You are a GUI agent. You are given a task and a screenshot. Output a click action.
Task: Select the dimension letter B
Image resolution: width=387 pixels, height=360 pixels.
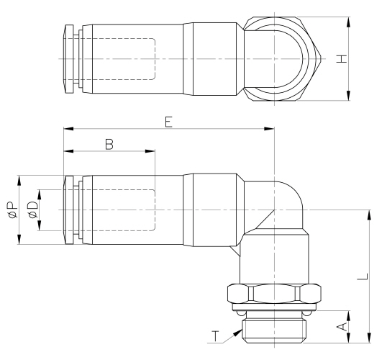click(x=109, y=143)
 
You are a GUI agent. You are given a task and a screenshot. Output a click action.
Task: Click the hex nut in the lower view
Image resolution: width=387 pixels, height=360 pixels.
click(x=274, y=295)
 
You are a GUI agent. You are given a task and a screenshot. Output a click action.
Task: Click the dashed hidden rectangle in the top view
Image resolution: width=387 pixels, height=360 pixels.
click(x=119, y=58)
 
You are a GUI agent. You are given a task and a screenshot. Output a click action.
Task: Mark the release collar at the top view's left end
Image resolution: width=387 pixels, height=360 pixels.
click(x=68, y=58)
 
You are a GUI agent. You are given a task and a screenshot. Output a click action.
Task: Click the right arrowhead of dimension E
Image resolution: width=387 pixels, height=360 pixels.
click(x=271, y=129)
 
